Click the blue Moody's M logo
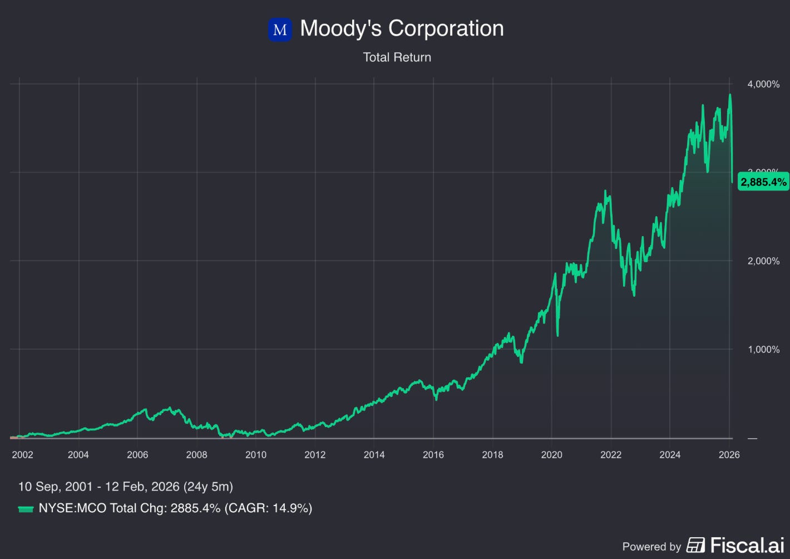(x=280, y=30)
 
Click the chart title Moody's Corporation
(x=402, y=28)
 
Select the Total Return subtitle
(x=397, y=57)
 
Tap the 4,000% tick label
(x=763, y=84)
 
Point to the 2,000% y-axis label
(x=763, y=261)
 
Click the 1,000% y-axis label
(x=763, y=350)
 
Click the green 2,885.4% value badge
(x=763, y=182)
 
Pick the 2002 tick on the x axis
(x=22, y=454)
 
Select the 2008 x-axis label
(x=196, y=454)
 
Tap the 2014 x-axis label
(x=374, y=454)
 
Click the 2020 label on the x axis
(x=551, y=454)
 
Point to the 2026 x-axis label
(x=729, y=454)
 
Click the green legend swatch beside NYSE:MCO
(x=26, y=509)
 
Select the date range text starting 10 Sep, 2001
(x=126, y=487)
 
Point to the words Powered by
(x=651, y=547)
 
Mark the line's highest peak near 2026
(x=730, y=95)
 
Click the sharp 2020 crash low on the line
(x=557, y=335)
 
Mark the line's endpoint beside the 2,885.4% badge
(x=732, y=182)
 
